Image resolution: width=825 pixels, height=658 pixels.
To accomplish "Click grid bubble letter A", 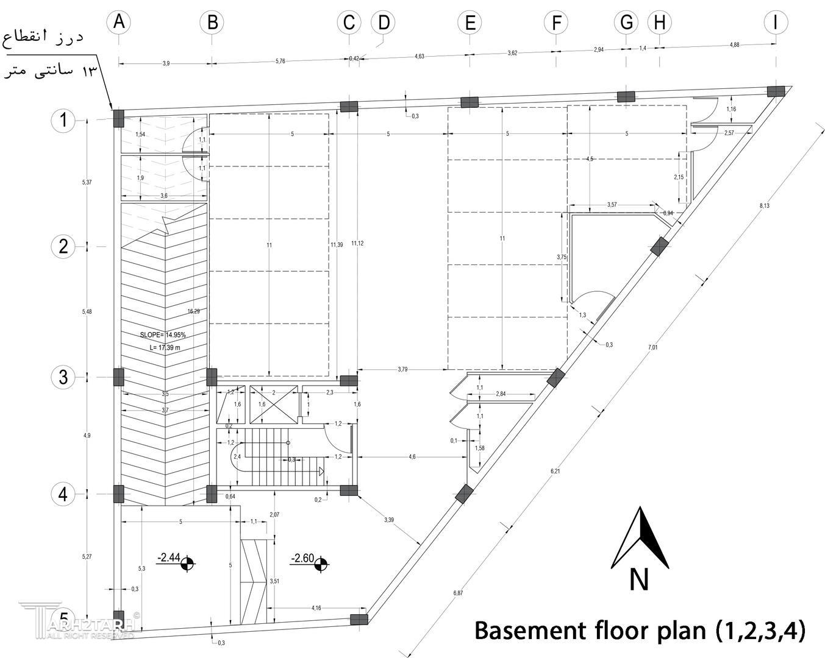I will pos(119,23).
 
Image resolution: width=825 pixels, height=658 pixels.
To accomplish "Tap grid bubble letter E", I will pos(470,23).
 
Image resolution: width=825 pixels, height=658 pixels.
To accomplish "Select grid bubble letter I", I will pos(775,23).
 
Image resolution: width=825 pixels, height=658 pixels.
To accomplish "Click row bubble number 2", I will pos(63,247).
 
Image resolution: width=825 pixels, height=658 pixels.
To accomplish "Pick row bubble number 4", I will pos(63,493).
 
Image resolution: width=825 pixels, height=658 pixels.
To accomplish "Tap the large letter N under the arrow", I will pos(638,579).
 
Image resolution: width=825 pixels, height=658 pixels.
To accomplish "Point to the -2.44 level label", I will pos(168,557).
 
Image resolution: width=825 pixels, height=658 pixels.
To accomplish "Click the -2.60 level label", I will pos(302,558).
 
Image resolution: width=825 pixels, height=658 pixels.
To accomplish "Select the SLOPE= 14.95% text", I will pos(163,335).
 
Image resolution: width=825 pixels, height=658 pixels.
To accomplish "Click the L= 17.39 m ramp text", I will pos(165,347).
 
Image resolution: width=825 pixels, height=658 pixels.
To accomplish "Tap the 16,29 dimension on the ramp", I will pos(193,311).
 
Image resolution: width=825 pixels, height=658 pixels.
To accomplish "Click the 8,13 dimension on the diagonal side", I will pos(764,206).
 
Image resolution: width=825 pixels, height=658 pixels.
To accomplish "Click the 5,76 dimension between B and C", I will pos(280,61).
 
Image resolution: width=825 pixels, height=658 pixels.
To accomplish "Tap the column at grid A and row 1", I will pos(119,118).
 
